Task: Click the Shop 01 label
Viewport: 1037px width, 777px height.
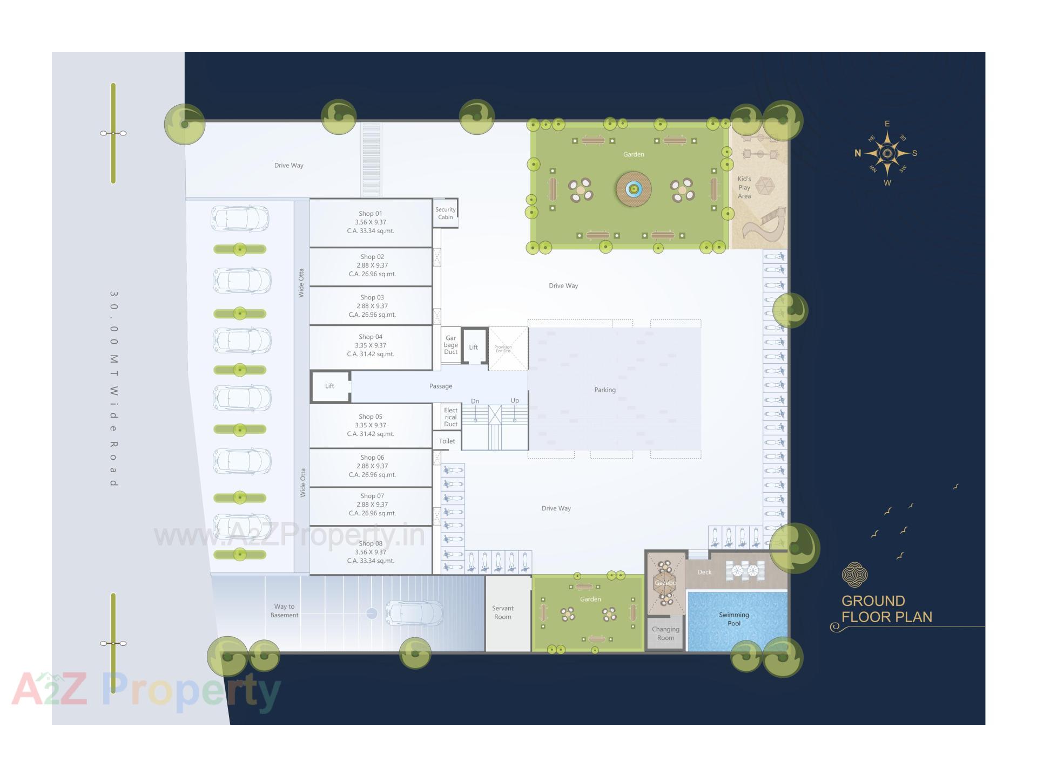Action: point(371,214)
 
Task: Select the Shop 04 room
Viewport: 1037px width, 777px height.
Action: point(371,346)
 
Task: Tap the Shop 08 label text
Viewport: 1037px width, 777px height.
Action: point(371,544)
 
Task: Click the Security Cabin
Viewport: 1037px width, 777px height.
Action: point(446,213)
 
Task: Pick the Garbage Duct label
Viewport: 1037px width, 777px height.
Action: point(451,345)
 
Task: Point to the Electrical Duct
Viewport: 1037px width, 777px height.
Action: point(451,417)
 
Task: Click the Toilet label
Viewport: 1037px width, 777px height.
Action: point(447,441)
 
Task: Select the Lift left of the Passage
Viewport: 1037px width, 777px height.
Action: point(329,386)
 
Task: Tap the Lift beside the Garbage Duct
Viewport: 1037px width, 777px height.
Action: point(474,347)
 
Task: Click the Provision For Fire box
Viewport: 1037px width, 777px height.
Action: point(508,349)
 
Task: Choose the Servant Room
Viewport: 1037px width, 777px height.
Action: point(503,613)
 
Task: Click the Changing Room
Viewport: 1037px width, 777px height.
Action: point(665,633)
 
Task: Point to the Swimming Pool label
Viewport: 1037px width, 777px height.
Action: point(734,619)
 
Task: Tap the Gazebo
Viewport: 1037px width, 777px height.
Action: point(665,583)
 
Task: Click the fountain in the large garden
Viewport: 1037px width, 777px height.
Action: point(634,189)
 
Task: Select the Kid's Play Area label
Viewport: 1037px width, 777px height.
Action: point(744,187)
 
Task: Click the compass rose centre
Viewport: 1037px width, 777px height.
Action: point(887,154)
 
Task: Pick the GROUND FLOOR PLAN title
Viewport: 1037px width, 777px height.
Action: point(886,609)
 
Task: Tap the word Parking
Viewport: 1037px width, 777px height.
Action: point(605,390)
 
